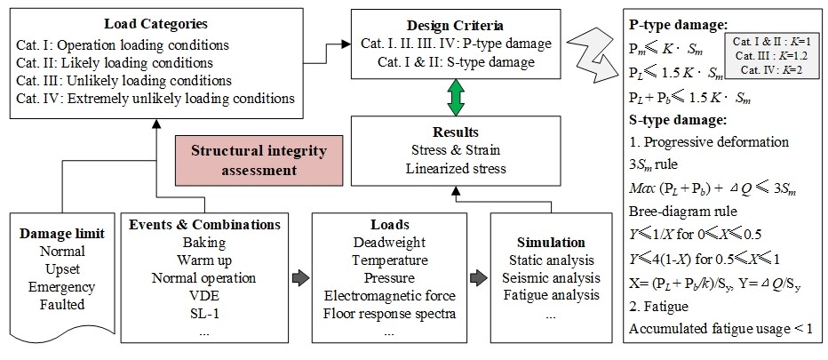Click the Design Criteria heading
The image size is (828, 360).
[x=455, y=24]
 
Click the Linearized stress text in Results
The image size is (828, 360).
[x=455, y=170]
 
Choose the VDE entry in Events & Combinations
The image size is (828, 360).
[x=204, y=296]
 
